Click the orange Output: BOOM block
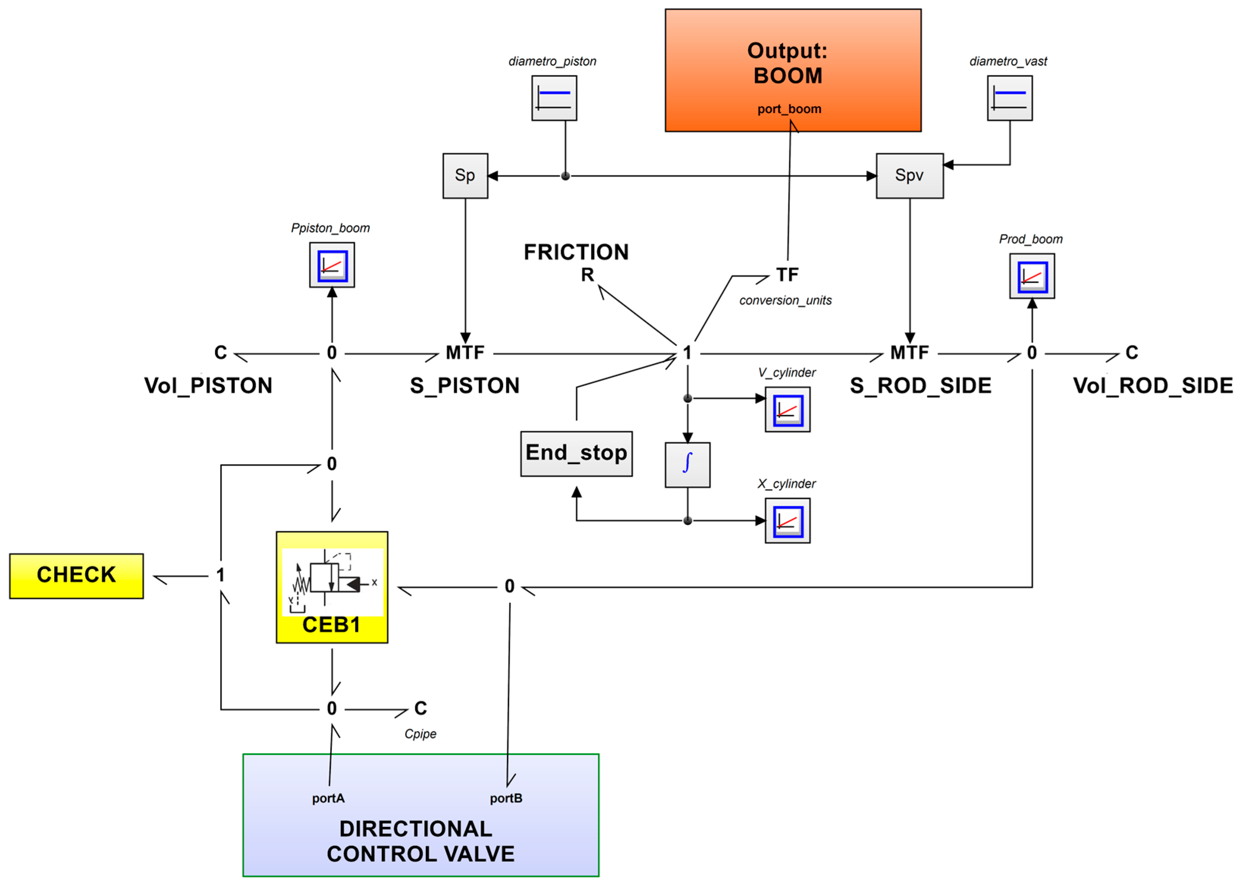pos(793,70)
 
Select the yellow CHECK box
pos(76,576)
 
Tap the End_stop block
pos(576,454)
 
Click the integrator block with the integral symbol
pos(687,465)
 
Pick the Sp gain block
pos(465,176)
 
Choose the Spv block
pos(910,176)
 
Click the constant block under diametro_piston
pos(554,98)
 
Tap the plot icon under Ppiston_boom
pos(332,265)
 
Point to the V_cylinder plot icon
pos(788,409)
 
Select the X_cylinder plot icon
pos(788,521)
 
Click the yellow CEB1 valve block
pos(332,587)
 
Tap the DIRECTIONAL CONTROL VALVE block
pos(420,815)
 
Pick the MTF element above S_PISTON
pos(465,352)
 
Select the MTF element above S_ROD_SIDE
pos(909,352)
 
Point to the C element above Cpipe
pos(420,708)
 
